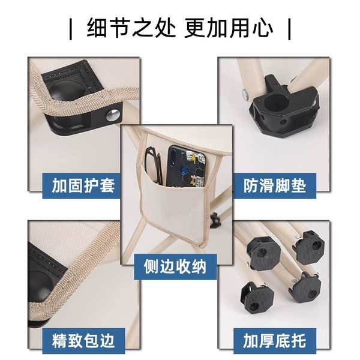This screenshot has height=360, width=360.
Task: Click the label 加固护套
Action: [83, 186]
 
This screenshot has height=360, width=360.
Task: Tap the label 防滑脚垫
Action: [275, 186]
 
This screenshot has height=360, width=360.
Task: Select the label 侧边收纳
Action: [175, 266]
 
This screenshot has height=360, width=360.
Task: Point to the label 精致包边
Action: [83, 341]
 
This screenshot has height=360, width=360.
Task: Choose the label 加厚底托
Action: [275, 341]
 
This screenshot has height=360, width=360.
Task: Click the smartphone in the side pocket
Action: [185, 166]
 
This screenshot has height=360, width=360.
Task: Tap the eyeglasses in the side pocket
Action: [154, 165]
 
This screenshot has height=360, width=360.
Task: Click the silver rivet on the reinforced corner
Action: [113, 115]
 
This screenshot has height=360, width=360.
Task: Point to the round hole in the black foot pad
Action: [275, 102]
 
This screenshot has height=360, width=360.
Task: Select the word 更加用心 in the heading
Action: [229, 28]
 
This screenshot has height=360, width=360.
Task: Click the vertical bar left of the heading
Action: [71, 29]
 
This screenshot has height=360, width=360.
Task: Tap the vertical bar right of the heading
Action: [289, 29]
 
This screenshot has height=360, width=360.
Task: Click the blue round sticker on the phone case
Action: [184, 169]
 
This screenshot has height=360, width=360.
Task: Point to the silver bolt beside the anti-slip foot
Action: [245, 94]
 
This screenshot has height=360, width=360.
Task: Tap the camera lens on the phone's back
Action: [173, 153]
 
